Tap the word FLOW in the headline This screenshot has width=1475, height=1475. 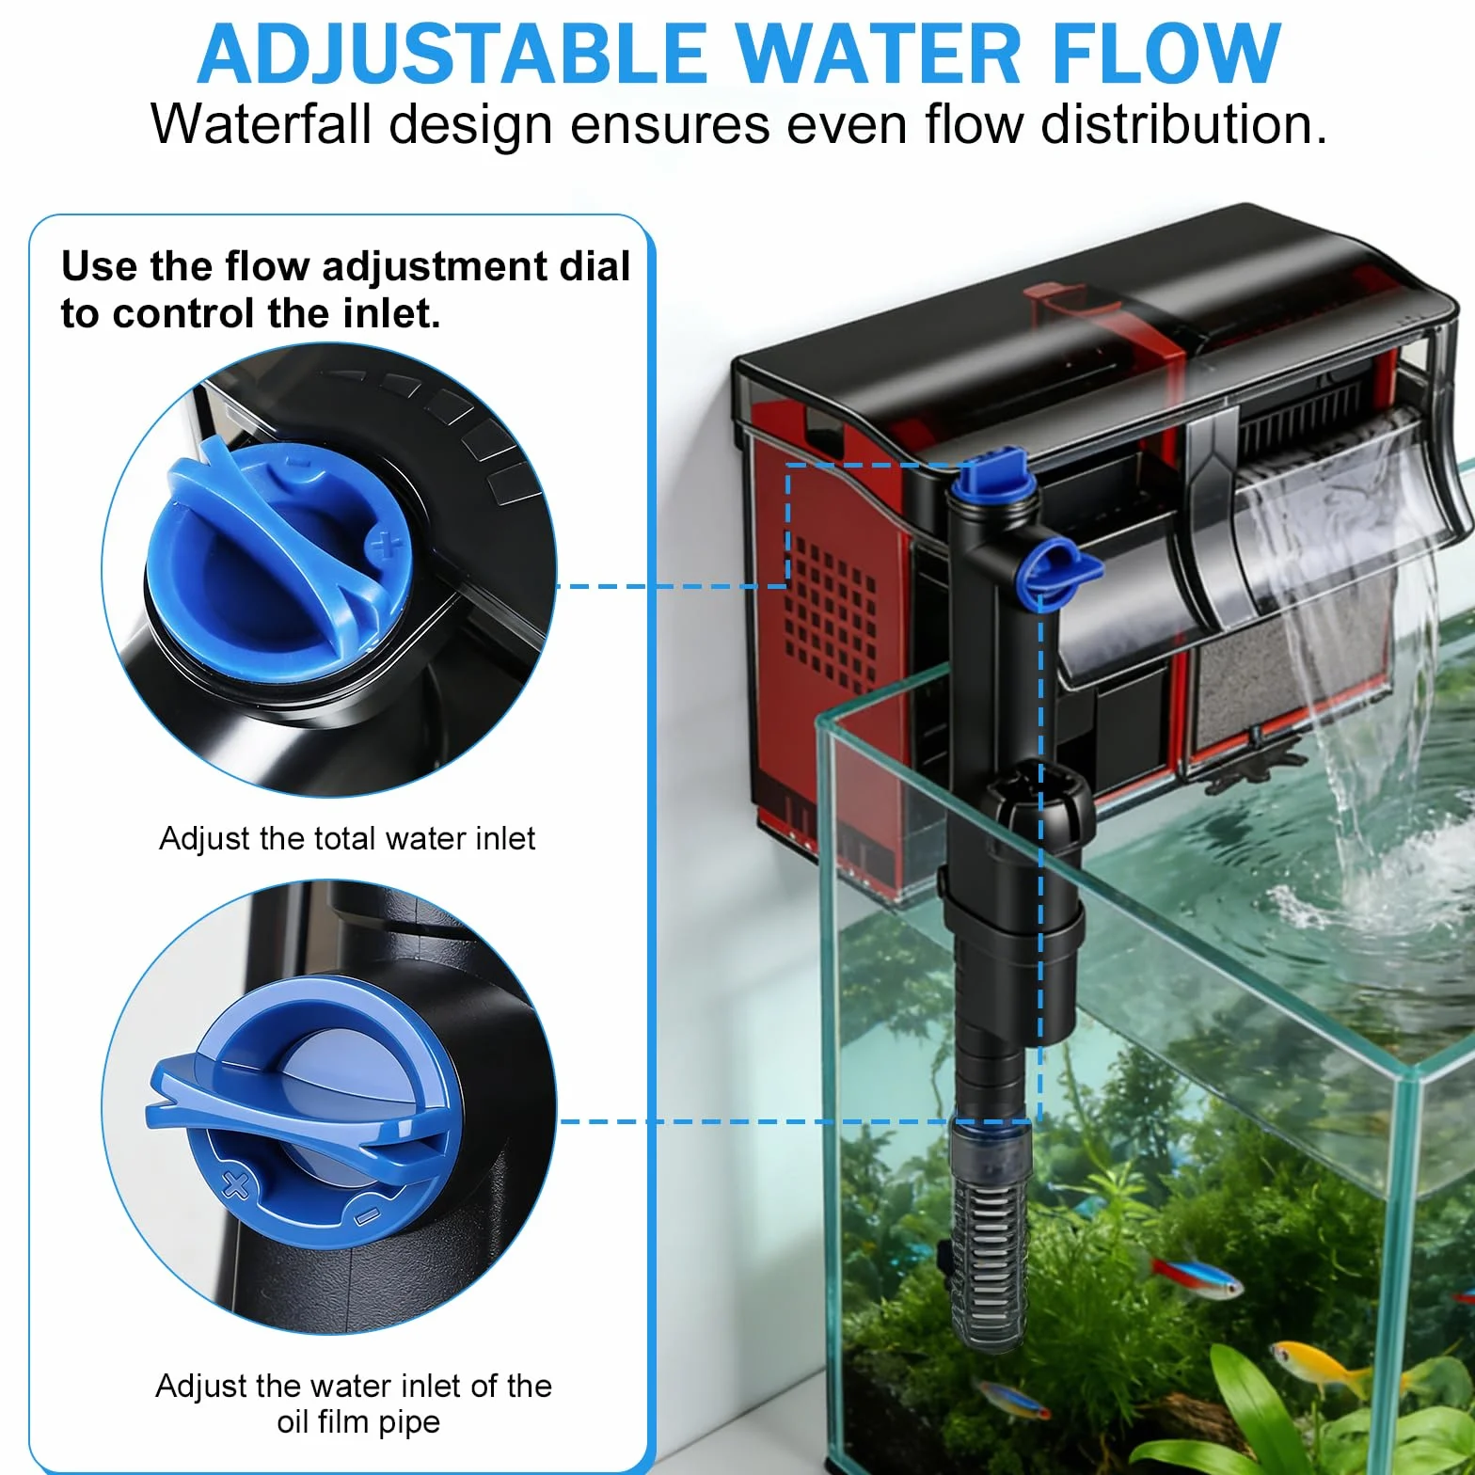tap(1165, 54)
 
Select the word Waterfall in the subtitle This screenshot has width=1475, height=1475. tap(261, 123)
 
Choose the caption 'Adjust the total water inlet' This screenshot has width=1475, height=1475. tap(347, 837)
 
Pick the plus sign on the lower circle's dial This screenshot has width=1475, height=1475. tap(235, 1185)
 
